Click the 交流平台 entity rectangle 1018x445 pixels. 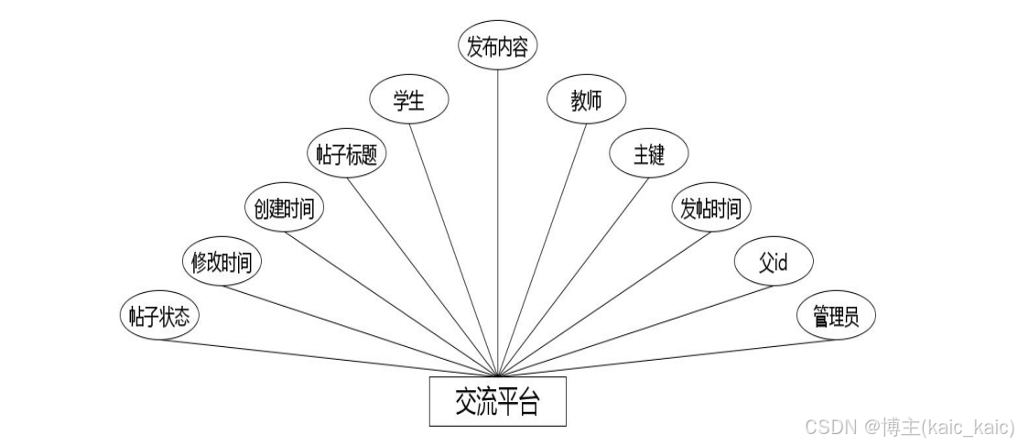[x=497, y=402]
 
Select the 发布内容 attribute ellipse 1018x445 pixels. [x=497, y=47]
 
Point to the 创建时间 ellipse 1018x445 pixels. [x=284, y=209]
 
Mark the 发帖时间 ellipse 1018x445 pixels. [x=710, y=209]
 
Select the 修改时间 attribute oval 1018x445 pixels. [x=222, y=263]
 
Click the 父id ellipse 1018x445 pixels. [x=774, y=263]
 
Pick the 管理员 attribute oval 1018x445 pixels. [x=835, y=317]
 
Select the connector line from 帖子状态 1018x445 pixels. [x=330, y=358]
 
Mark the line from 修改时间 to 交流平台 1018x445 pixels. [x=357, y=331]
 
